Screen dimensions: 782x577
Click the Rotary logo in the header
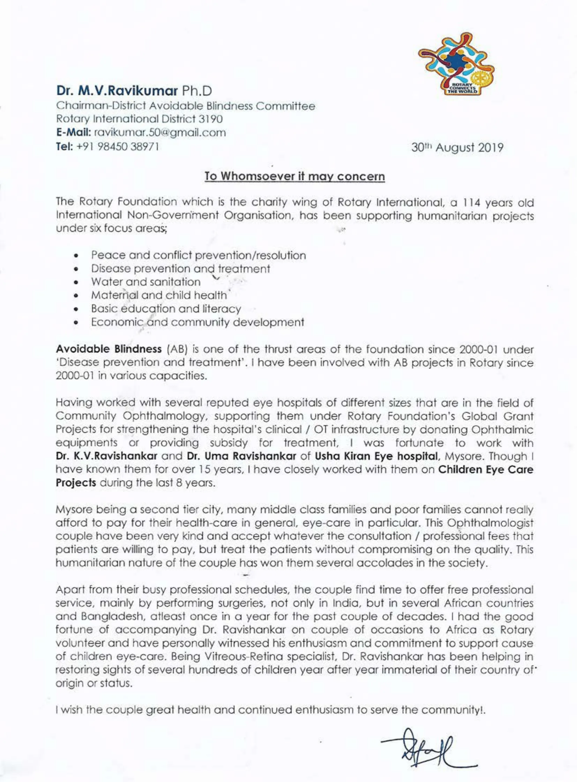click(456, 65)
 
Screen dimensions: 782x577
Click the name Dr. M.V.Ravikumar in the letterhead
click(117, 91)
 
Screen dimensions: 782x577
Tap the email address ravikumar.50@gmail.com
click(160, 133)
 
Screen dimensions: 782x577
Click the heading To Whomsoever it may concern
click(294, 176)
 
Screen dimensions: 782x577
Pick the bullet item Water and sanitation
click(146, 282)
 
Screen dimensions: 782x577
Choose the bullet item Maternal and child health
click(159, 295)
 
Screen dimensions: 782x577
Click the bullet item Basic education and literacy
click(166, 308)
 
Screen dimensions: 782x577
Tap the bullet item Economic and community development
click(197, 322)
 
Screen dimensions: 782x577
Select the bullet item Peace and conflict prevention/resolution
click(198, 255)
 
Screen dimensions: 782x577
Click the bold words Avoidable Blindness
click(108, 349)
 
